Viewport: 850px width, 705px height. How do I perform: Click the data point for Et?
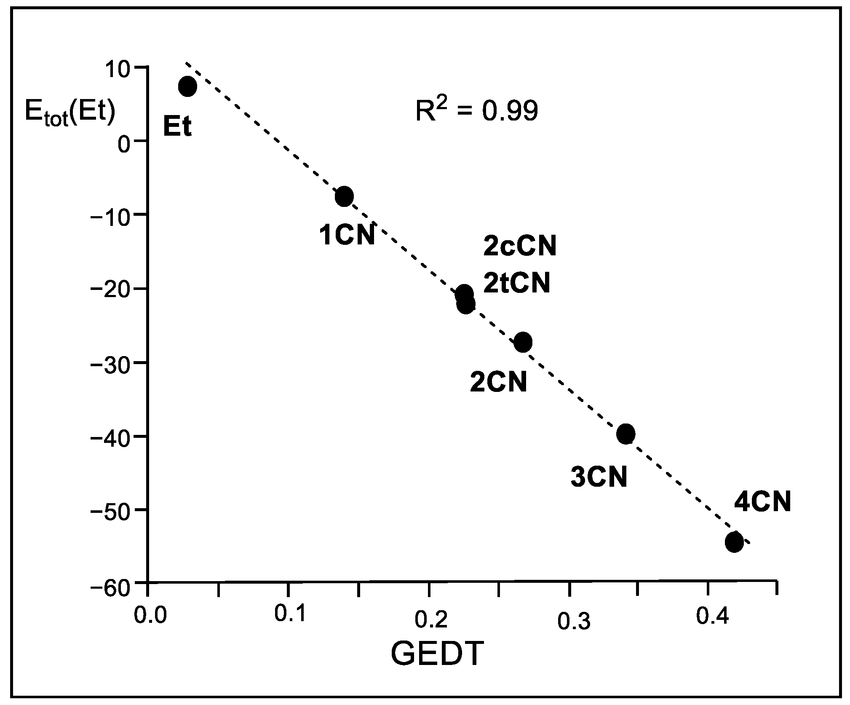pos(187,86)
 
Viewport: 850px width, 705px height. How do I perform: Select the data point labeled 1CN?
pos(345,196)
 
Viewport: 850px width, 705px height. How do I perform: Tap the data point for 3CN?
pos(625,434)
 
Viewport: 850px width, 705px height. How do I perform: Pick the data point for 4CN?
pos(734,542)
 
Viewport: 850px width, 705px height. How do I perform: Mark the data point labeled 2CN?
pos(523,342)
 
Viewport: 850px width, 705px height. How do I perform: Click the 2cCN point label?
pos(520,246)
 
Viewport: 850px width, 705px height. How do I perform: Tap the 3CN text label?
pos(599,477)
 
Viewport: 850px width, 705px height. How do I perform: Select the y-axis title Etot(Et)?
pos(70,113)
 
